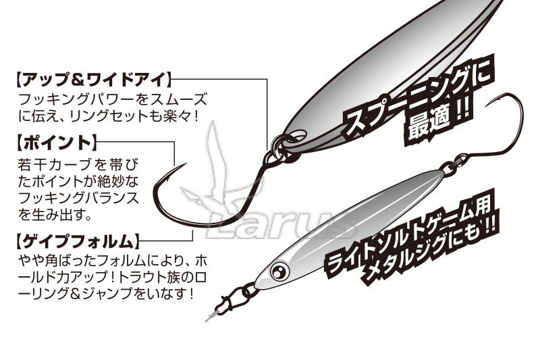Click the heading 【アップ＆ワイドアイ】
coord(93,80)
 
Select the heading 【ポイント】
coord(57,143)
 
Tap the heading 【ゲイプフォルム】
coord(78,241)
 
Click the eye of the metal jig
coord(279,272)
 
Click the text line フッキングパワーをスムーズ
coord(113,99)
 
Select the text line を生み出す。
coord(55,215)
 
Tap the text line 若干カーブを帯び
coord(78,165)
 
